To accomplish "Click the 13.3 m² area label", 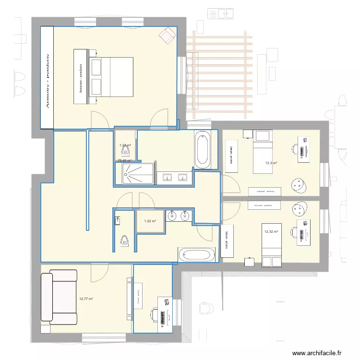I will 271,163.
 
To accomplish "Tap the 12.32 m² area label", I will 271,232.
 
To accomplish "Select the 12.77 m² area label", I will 86,299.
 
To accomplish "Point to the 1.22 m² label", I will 150,221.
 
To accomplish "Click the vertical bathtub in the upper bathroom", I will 202,150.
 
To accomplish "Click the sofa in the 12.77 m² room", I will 59,298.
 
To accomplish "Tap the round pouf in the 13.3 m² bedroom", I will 299,185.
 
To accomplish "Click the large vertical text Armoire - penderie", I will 47,78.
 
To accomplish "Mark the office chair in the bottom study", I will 154,315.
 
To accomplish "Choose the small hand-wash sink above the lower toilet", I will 118,220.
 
